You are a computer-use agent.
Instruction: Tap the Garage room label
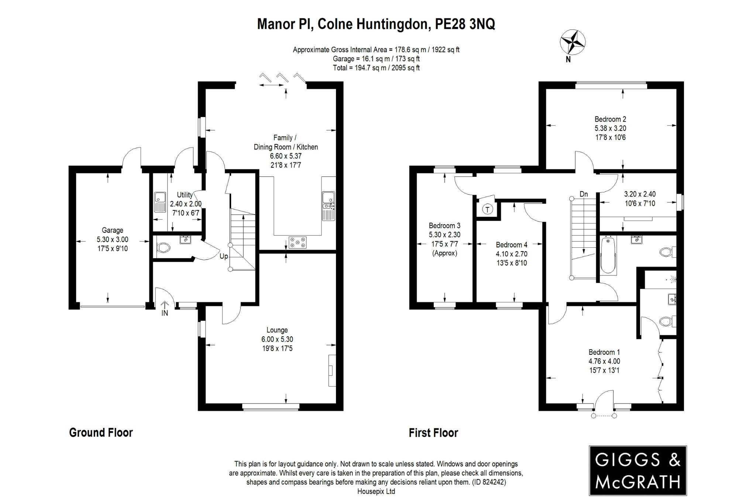click(112, 230)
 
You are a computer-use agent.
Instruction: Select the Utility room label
click(185, 195)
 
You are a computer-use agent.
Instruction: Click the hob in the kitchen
click(298, 242)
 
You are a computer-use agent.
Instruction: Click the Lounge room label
click(277, 330)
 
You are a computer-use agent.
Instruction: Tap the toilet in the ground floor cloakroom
click(163, 248)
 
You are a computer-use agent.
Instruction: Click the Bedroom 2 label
click(610, 119)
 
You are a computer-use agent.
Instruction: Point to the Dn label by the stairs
click(584, 194)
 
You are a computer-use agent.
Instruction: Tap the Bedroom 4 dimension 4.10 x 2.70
click(511, 254)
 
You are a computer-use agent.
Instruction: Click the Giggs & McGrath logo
click(638, 470)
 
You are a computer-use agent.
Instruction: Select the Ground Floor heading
click(101, 433)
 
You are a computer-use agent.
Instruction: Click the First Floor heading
click(433, 433)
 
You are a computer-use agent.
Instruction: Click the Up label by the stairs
click(224, 256)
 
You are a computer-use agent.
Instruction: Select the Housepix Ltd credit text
click(376, 491)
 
